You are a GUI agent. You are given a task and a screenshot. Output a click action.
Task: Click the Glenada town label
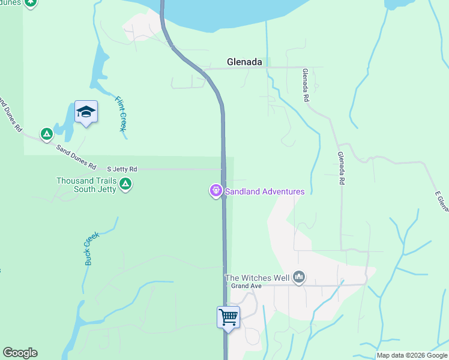tap(244, 61)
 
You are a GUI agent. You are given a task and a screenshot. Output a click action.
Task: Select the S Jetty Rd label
tap(122, 169)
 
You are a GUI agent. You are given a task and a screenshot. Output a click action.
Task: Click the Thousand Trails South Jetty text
tap(83, 185)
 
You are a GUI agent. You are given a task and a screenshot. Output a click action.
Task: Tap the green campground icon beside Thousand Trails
tap(125, 184)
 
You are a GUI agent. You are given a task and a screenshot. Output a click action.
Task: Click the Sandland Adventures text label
tap(265, 191)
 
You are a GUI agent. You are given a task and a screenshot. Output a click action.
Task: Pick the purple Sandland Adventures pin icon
tap(215, 191)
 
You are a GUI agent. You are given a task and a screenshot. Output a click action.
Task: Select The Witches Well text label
tap(257, 278)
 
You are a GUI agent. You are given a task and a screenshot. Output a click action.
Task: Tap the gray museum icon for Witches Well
tap(299, 277)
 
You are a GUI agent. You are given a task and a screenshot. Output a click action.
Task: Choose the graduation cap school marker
tap(86, 112)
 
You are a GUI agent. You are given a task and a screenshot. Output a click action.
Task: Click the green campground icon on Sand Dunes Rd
tap(46, 134)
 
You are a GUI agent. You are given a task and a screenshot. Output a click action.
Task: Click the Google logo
tap(20, 353)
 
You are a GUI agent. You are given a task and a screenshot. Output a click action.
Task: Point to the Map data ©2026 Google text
tap(412, 355)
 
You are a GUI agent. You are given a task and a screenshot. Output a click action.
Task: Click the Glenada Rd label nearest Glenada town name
tap(306, 85)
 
